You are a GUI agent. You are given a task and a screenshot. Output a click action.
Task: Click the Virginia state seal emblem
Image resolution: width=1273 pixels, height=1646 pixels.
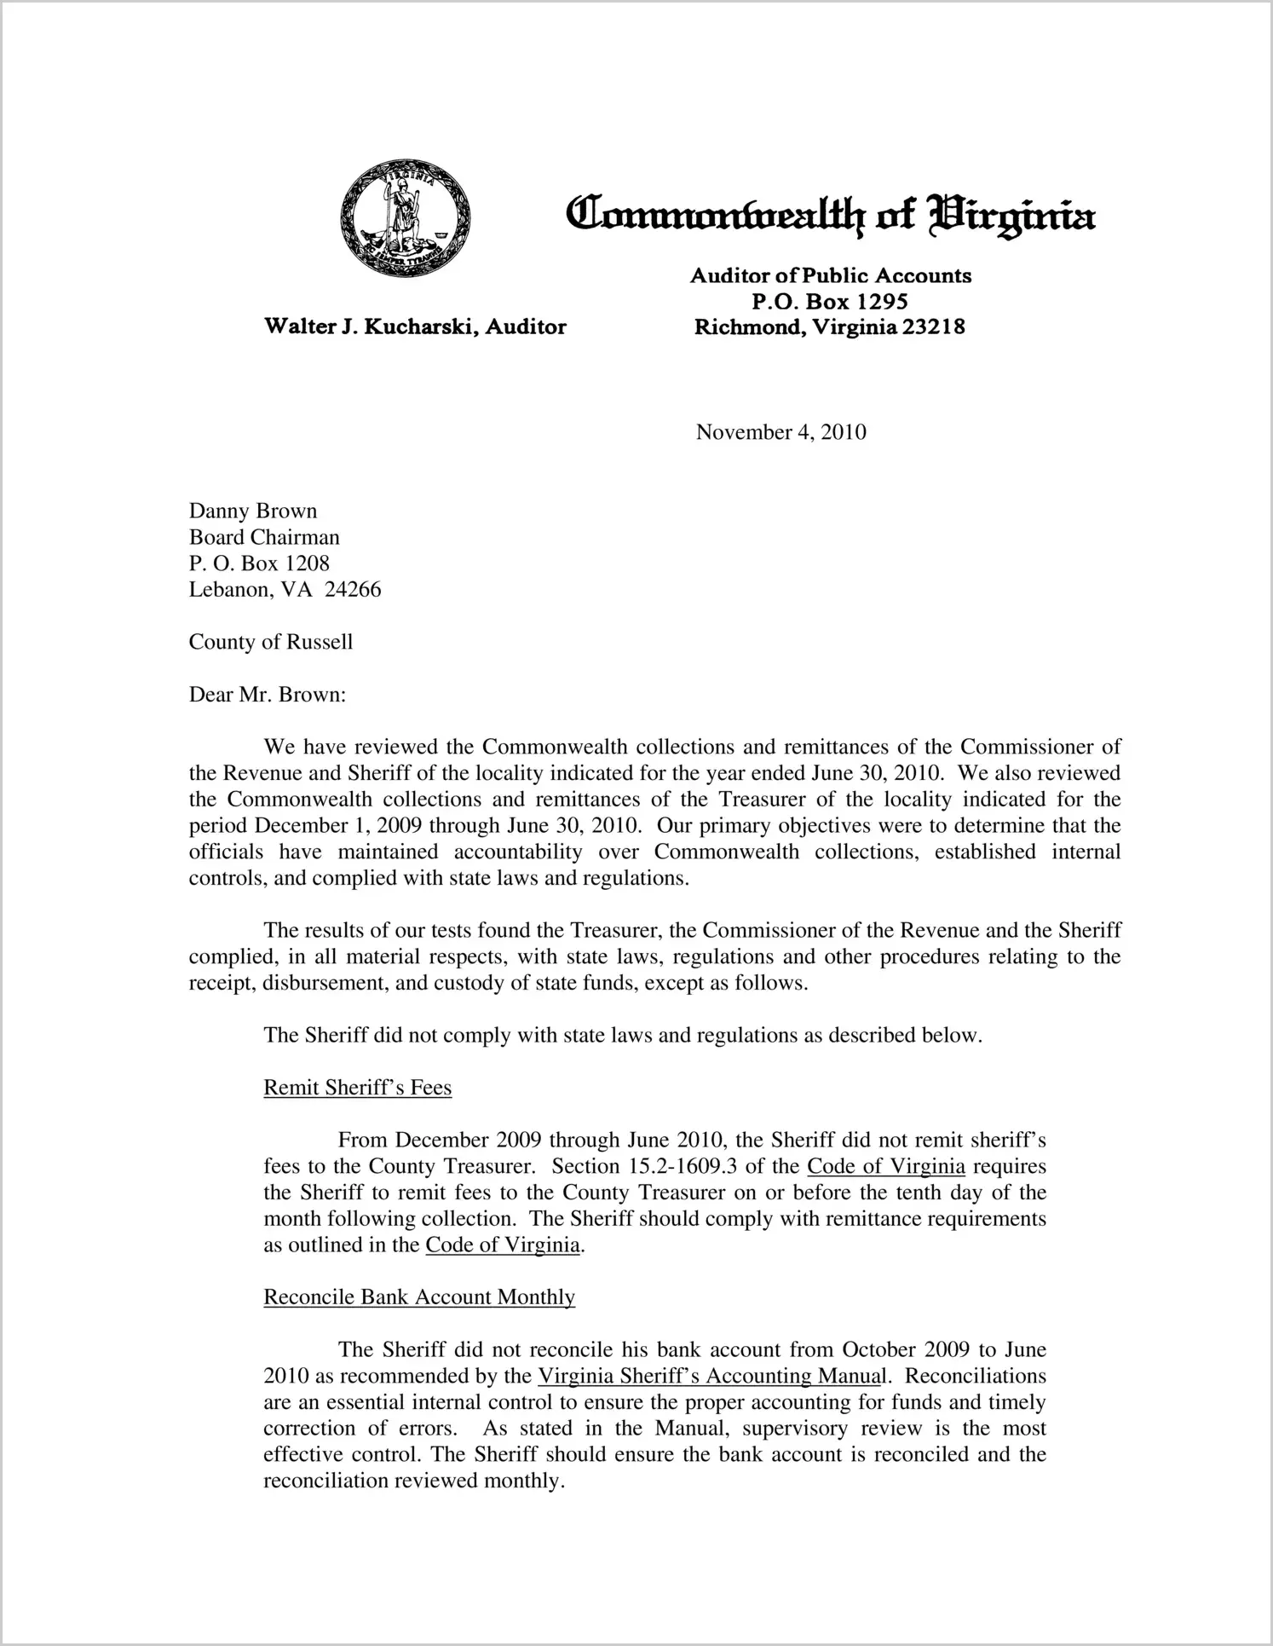[405, 217]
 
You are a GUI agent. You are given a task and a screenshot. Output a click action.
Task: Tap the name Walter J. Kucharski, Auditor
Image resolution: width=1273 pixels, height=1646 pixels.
[415, 326]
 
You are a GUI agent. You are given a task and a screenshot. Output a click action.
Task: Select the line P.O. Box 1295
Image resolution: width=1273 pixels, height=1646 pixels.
[829, 302]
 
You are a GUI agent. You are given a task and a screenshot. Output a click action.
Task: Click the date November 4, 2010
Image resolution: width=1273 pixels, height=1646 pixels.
[781, 432]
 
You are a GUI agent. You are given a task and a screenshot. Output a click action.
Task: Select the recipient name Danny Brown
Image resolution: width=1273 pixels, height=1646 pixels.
[253, 511]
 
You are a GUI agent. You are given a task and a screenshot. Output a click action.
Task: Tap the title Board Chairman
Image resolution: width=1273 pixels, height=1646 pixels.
[264, 537]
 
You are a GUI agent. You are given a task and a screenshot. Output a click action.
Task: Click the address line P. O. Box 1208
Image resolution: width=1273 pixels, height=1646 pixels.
[259, 563]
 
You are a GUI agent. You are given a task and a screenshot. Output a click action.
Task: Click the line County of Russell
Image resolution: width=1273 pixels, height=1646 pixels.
[270, 642]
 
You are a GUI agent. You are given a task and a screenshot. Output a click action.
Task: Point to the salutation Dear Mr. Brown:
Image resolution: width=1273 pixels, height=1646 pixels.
[268, 695]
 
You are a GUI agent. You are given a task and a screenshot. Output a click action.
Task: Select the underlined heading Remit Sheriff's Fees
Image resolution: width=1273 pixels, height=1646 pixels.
[357, 1088]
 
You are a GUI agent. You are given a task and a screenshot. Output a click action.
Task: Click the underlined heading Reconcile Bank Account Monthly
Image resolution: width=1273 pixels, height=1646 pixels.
[419, 1297]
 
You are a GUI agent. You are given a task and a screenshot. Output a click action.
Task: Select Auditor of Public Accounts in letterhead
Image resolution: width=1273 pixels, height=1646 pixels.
[830, 276]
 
